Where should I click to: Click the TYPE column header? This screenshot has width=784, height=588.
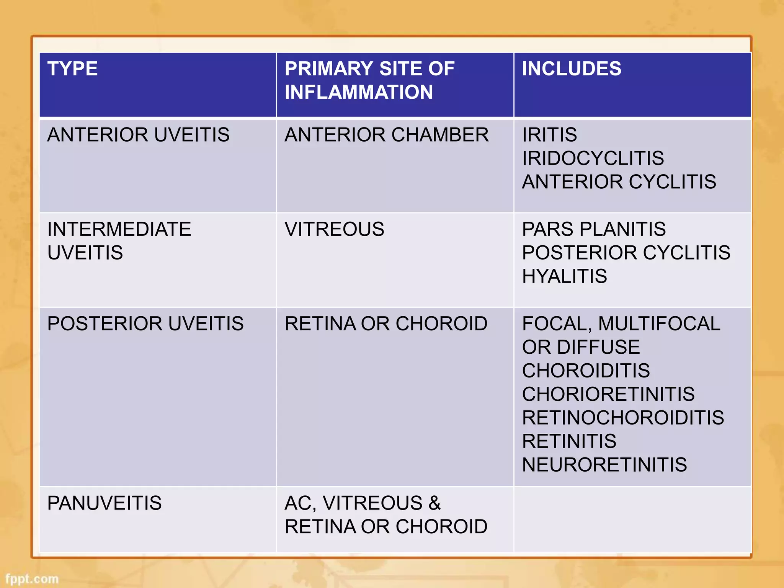pyautogui.click(x=72, y=69)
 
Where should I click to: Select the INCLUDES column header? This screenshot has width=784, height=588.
pyautogui.click(x=571, y=69)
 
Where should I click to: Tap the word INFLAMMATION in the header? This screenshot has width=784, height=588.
pyautogui.click(x=359, y=92)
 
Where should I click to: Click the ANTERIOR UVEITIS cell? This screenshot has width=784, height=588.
pyautogui.click(x=138, y=135)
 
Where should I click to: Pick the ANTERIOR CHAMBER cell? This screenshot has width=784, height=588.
pyautogui.click(x=386, y=135)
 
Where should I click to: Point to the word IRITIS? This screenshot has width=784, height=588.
pyautogui.click(x=549, y=135)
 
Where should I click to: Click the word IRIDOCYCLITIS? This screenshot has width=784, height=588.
pyautogui.click(x=593, y=158)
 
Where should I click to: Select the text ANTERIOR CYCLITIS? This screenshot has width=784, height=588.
pyautogui.click(x=619, y=182)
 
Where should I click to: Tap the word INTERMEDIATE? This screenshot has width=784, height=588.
pyautogui.click(x=119, y=229)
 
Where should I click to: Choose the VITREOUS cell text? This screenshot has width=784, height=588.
pyautogui.click(x=334, y=229)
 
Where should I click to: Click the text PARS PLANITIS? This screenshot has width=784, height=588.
pyautogui.click(x=594, y=229)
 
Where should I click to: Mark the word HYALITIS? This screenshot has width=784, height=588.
pyautogui.click(x=564, y=276)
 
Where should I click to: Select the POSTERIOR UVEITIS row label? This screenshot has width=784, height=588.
pyautogui.click(x=145, y=323)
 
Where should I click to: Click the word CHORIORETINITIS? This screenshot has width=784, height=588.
pyautogui.click(x=608, y=394)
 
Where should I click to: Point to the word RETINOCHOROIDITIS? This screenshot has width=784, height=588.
pyautogui.click(x=623, y=418)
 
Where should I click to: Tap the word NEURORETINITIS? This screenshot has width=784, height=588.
pyautogui.click(x=604, y=465)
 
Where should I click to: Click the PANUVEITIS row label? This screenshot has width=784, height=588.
pyautogui.click(x=104, y=503)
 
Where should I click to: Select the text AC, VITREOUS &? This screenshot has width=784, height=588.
pyautogui.click(x=363, y=503)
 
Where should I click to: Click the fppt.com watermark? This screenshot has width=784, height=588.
pyautogui.click(x=32, y=578)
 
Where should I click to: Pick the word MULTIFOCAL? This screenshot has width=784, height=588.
pyautogui.click(x=659, y=323)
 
